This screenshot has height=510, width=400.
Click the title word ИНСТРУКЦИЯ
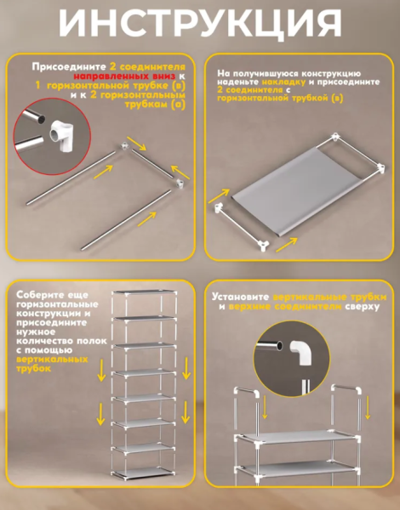[200, 24]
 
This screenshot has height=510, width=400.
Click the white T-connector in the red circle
[62, 134]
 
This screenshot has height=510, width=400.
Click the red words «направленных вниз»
[124, 76]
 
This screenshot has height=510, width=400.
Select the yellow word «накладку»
[283, 82]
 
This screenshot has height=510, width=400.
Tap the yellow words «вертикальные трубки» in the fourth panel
[329, 297]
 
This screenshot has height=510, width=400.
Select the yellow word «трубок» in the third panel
[33, 369]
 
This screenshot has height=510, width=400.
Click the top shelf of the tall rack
[145, 292]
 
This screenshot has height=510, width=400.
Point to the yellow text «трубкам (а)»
[155, 105]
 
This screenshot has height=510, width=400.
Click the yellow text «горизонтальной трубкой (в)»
[280, 98]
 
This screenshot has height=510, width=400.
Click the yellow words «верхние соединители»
[285, 307]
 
